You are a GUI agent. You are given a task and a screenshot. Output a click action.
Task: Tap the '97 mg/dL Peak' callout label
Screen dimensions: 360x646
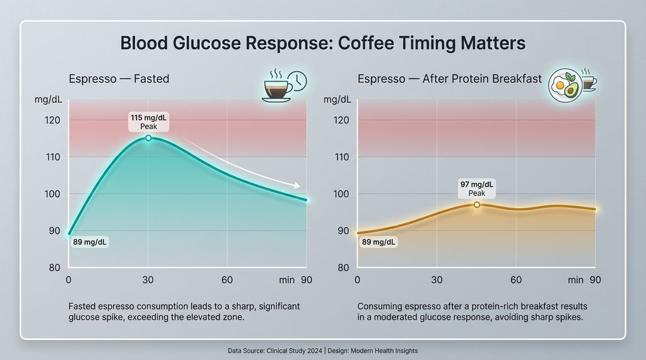click(477, 188)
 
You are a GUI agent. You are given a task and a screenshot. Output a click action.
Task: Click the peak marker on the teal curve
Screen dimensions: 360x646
click(148, 137)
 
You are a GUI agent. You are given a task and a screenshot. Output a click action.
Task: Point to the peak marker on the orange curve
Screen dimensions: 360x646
click(476, 204)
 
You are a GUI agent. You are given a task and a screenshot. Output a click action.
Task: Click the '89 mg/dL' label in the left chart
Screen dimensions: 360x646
click(90, 242)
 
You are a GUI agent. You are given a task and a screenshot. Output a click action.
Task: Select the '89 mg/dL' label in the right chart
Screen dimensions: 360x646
click(379, 242)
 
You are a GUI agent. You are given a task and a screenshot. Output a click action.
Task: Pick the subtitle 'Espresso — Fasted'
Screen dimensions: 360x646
click(119, 79)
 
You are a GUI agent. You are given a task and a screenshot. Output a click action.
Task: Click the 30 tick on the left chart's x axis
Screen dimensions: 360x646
click(148, 280)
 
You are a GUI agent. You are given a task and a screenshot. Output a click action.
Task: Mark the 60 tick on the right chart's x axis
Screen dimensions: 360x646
click(516, 280)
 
